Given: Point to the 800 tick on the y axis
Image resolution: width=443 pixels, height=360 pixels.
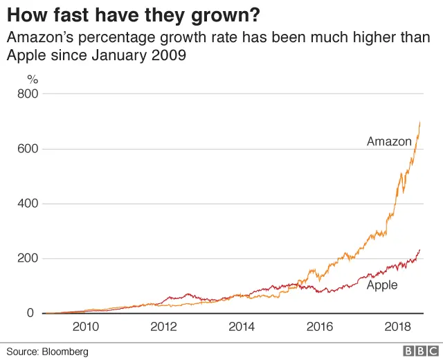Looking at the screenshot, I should pyautogui.click(x=28, y=93).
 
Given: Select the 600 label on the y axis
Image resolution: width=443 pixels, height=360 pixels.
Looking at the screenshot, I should pyautogui.click(x=28, y=149).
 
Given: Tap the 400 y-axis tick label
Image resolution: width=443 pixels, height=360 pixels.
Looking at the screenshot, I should pyautogui.click(x=28, y=204).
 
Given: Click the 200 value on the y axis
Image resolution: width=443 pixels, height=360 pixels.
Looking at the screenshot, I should pyautogui.click(x=28, y=258).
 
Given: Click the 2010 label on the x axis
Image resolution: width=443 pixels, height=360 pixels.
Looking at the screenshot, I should pyautogui.click(x=85, y=327).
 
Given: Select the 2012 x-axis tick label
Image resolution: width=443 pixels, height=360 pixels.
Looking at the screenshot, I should pyautogui.click(x=163, y=327).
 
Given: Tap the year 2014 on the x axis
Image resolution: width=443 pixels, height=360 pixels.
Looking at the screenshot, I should pyautogui.click(x=240, y=327).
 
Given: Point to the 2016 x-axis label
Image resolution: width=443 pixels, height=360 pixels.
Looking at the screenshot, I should pyautogui.click(x=318, y=327).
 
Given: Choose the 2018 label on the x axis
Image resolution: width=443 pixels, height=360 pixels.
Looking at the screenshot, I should pyautogui.click(x=395, y=327).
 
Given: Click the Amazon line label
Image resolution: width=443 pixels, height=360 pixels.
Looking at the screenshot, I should pyautogui.click(x=389, y=142).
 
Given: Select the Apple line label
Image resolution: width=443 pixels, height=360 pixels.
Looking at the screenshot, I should pyautogui.click(x=382, y=285).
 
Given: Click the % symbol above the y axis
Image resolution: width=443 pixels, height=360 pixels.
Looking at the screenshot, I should pyautogui.click(x=32, y=79).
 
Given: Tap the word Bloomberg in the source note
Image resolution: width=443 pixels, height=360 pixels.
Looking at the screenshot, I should pyautogui.click(x=64, y=352).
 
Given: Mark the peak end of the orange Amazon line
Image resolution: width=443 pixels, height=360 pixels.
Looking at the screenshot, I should pyautogui.click(x=420, y=123).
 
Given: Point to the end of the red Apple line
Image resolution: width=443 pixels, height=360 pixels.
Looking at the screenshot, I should pyautogui.click(x=420, y=250).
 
